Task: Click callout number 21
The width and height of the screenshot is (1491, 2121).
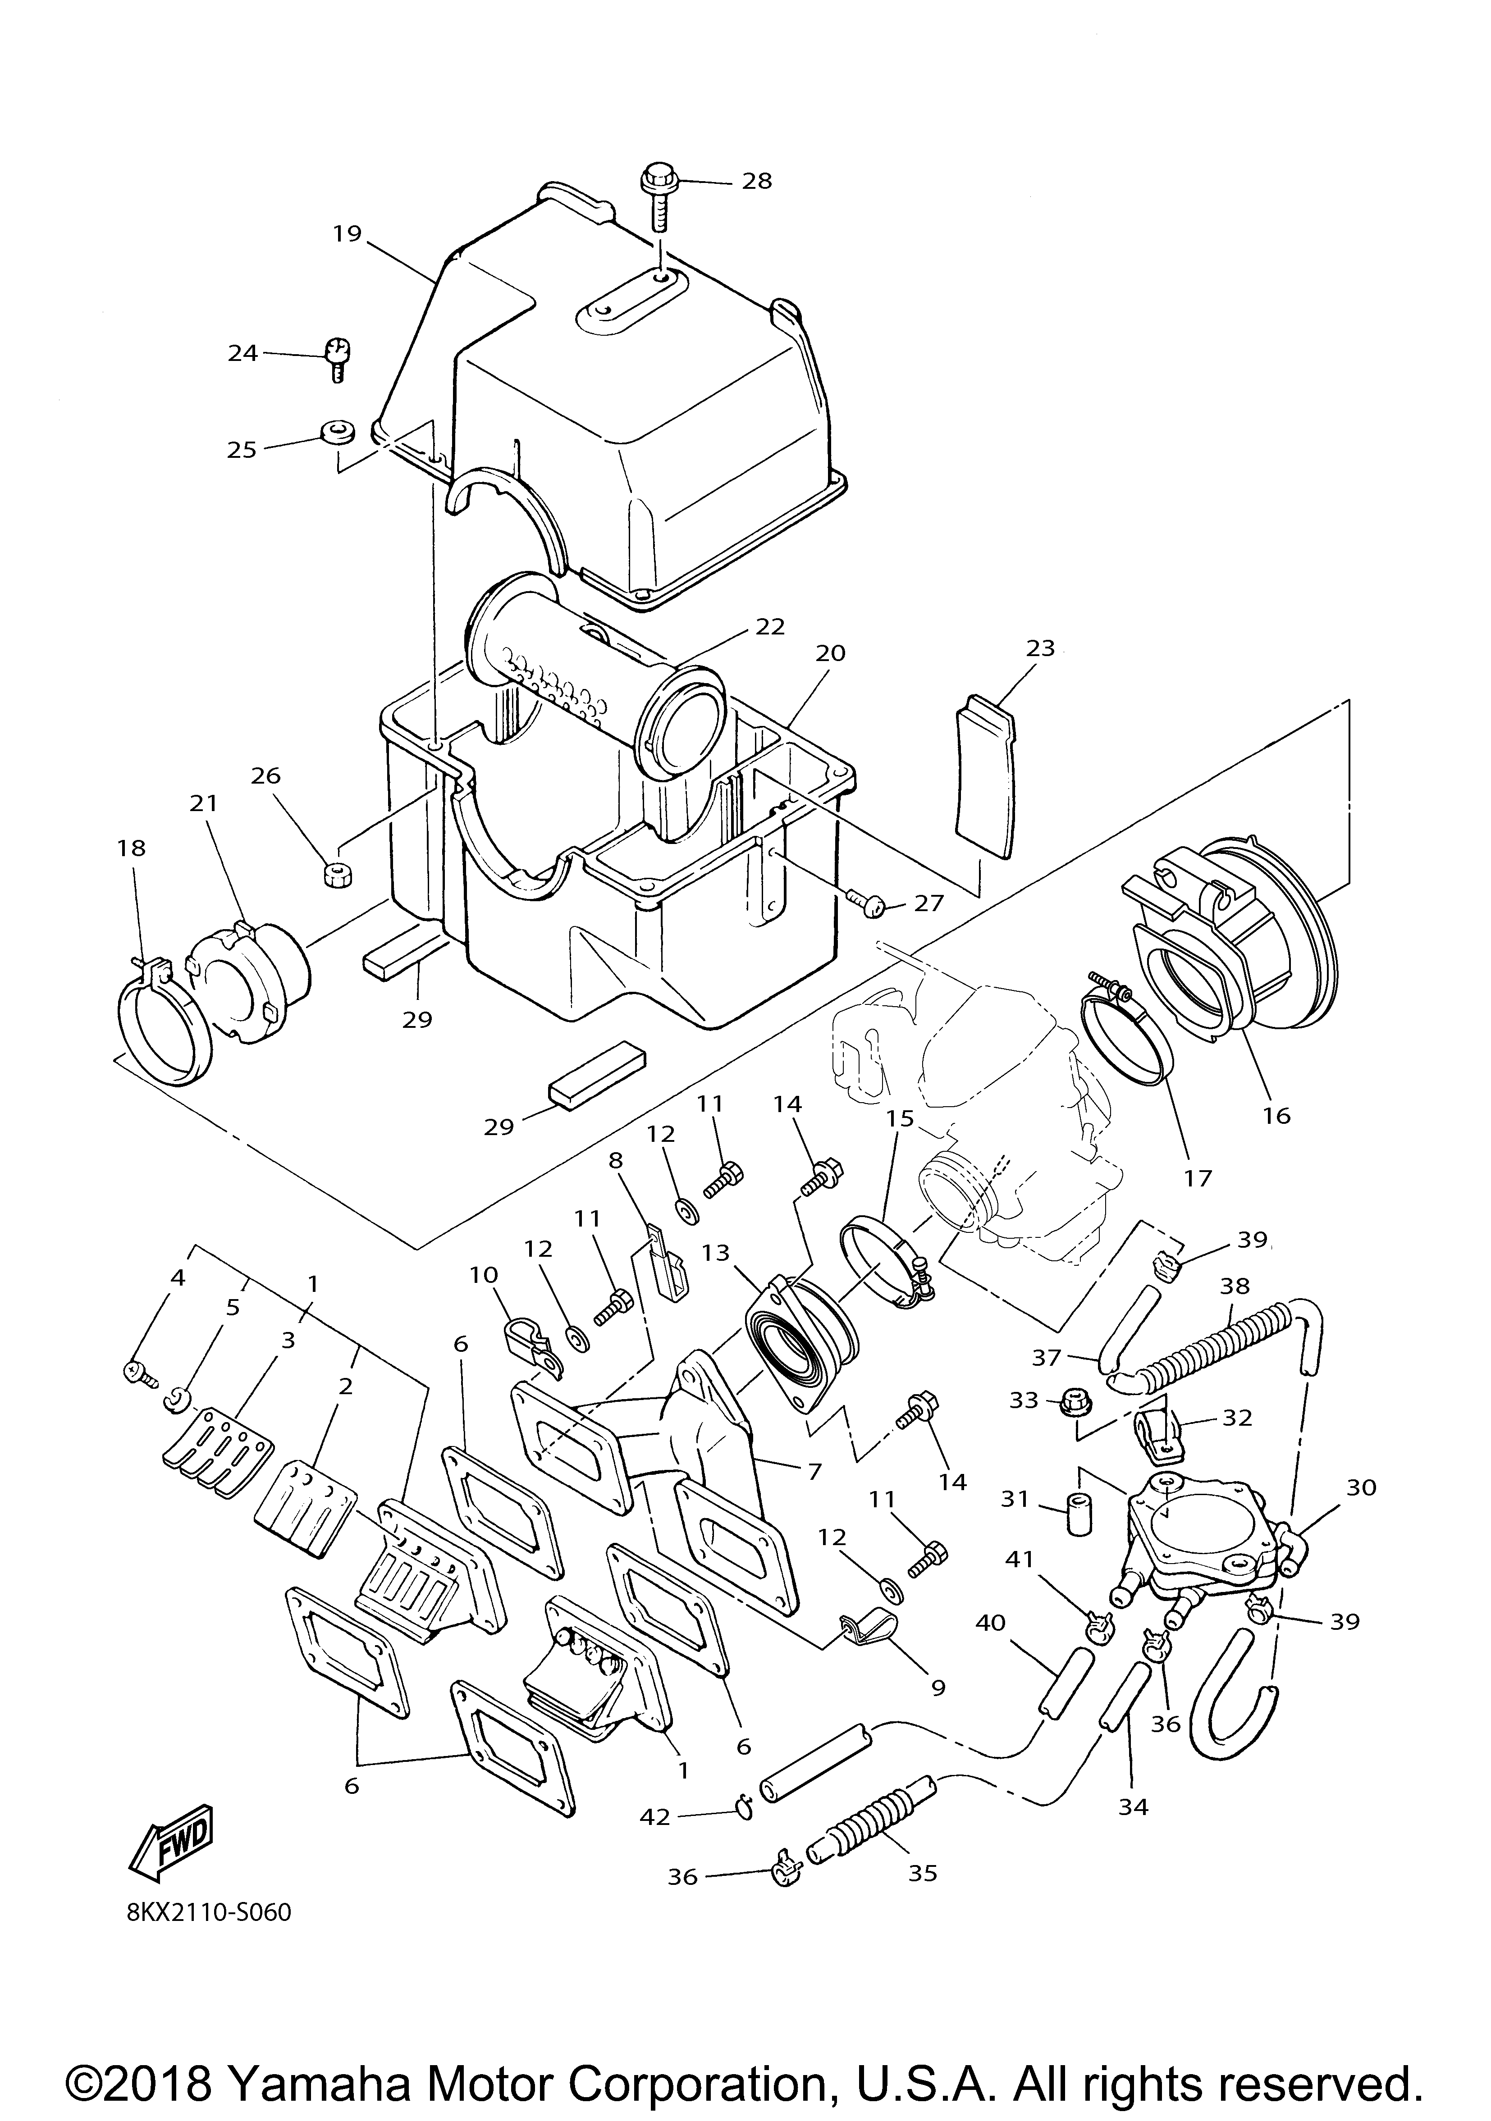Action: tap(204, 804)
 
